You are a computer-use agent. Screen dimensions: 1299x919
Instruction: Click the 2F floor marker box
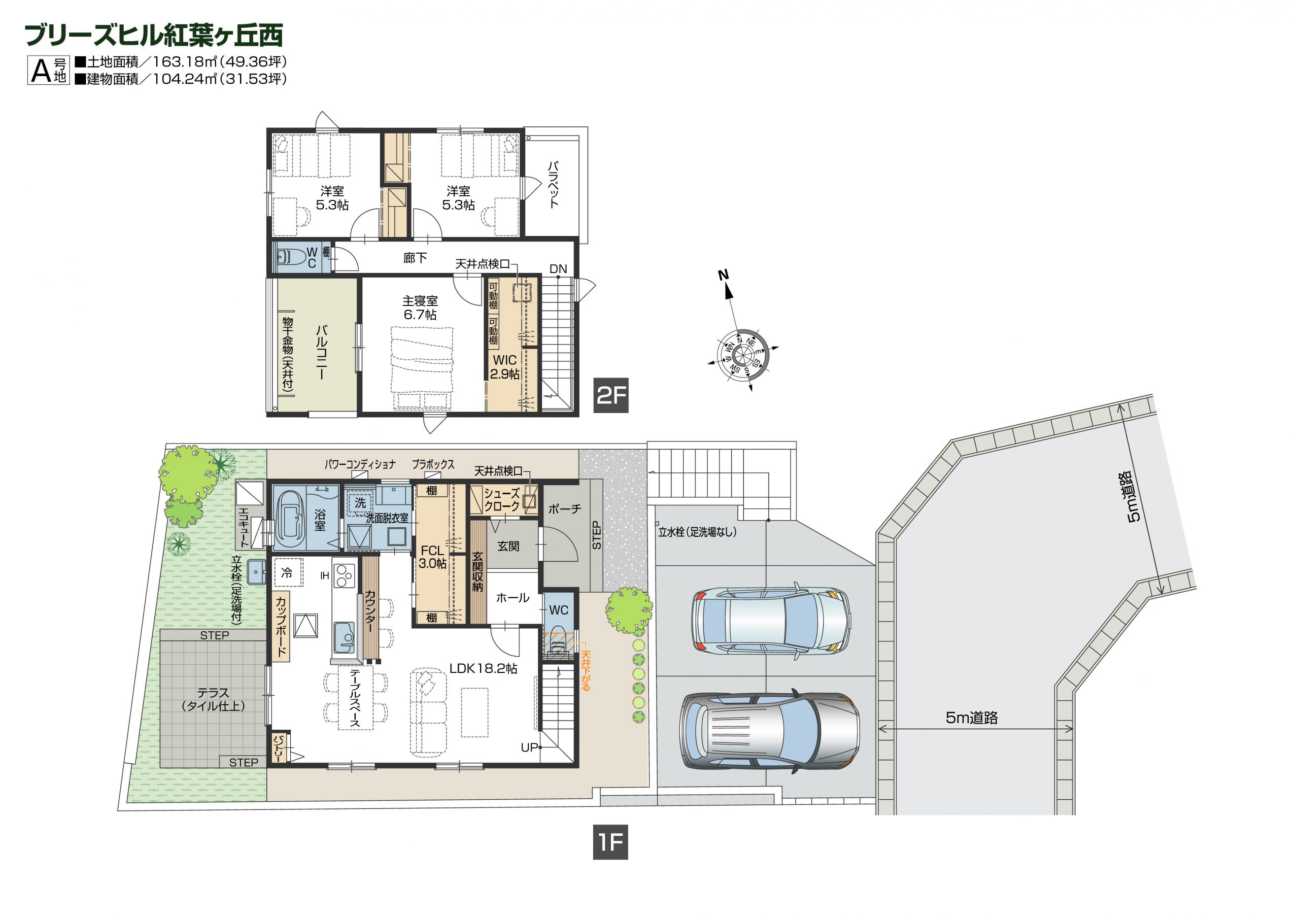[610, 395]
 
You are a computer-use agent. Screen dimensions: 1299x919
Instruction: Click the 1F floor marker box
[610, 842]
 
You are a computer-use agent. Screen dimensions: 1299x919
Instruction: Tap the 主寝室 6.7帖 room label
[420, 308]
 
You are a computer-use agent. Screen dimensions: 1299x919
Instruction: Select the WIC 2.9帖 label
[505, 367]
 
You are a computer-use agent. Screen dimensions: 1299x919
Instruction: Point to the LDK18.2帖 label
[483, 668]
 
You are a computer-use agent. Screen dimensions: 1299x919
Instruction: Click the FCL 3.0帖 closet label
[432, 557]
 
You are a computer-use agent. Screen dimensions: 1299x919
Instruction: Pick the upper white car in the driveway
[771, 621]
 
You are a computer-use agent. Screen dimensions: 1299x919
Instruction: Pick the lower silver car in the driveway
[770, 731]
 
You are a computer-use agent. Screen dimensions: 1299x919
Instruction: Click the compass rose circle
[742, 355]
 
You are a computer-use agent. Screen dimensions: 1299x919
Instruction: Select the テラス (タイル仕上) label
[213, 699]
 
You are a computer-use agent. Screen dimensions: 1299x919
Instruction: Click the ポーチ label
[565, 509]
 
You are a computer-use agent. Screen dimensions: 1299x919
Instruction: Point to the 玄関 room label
[508, 546]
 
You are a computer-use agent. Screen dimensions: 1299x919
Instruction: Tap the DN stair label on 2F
[558, 269]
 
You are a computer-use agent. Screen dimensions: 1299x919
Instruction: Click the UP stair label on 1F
[529, 747]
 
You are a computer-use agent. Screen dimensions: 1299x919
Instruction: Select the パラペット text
[553, 185]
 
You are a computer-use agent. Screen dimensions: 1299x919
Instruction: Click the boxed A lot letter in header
[41, 71]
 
